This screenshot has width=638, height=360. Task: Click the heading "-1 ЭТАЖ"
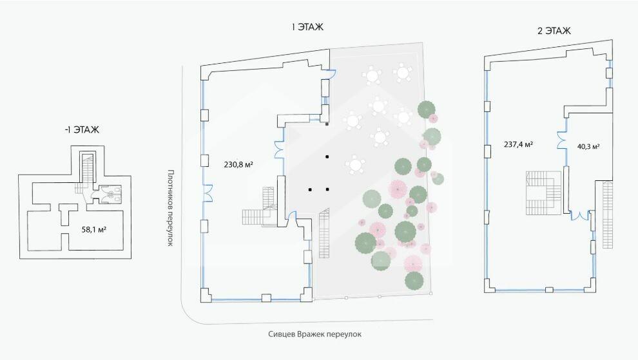(82, 129)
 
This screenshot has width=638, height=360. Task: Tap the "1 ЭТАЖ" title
(307, 27)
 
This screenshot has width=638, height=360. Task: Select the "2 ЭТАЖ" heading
(554, 30)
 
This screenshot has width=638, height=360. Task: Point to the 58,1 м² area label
(95, 229)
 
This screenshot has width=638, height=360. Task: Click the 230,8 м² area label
(238, 164)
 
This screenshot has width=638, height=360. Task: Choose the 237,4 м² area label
(517, 145)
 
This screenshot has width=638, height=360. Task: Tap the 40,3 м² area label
(588, 147)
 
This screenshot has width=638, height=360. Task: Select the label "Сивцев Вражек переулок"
(315, 334)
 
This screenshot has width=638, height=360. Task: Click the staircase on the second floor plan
(542, 193)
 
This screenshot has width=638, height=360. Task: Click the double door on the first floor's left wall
(208, 191)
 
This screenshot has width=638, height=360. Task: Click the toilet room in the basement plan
(111, 195)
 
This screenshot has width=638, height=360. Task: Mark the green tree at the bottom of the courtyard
(414, 281)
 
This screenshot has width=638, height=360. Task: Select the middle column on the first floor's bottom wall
(266, 298)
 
